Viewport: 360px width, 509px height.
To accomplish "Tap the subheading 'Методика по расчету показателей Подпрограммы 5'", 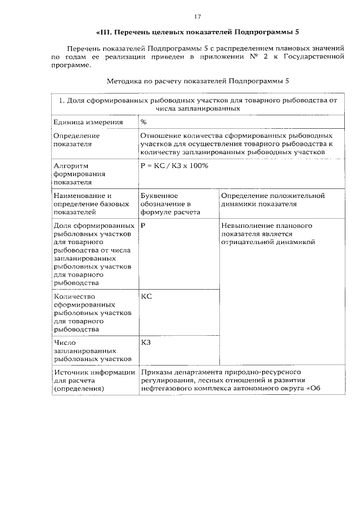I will pos(197,81).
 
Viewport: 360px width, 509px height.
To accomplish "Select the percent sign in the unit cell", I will pos(143,121).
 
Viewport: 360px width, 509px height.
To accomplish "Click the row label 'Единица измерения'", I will pos(80,121).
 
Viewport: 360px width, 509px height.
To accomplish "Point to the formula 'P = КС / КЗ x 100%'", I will pos(174,166).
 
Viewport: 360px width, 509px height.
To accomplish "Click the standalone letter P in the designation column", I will pos(143,226).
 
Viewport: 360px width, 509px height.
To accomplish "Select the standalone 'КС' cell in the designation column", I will pos(146,296).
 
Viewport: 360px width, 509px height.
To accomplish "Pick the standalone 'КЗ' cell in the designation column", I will pos(146,341).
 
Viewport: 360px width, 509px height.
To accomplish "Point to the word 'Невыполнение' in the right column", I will pos(247,226).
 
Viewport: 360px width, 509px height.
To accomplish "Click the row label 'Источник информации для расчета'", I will pos(93,380).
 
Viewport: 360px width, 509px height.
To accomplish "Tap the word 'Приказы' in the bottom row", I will pos(156,372).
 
